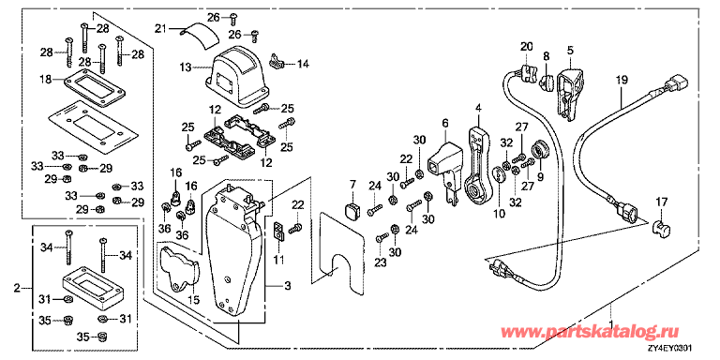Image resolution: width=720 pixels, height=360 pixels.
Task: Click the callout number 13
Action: [x=185, y=67]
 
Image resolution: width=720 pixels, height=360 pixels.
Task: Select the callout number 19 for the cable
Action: [x=620, y=82]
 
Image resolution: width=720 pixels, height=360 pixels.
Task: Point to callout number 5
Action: [x=569, y=49]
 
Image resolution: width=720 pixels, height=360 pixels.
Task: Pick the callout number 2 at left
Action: [x=15, y=285]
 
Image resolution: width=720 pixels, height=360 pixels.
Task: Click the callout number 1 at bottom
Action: [x=612, y=307]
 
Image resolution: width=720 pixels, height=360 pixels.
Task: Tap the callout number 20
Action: [x=525, y=46]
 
